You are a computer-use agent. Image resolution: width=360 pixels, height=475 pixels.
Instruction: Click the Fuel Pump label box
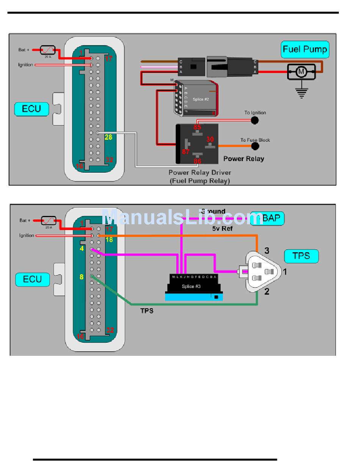pos(305,50)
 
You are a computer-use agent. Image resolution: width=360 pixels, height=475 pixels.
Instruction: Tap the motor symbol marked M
pos(301,71)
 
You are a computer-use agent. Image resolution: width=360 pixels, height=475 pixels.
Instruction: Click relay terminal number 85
pos(197,127)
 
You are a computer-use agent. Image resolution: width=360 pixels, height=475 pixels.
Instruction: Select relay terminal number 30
pos(210,140)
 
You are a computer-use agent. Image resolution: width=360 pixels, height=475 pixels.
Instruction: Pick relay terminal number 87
pos(186,152)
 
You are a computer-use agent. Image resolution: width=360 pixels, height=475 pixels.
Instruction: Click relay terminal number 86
pos(197,161)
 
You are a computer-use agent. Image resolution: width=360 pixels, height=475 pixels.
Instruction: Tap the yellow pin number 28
pos(108,137)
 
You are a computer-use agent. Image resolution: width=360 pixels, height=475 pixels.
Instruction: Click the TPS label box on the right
pos(301,256)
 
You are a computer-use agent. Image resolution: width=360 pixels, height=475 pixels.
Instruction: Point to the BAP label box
pos(268,219)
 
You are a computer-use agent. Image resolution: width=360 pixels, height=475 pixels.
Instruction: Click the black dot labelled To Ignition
pos(255,120)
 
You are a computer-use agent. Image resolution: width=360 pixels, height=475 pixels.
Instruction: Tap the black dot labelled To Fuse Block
pos(255,146)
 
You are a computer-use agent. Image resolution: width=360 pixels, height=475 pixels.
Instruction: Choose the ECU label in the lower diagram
pos(32,280)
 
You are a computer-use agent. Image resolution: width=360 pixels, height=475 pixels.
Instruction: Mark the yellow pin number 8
pos(81,277)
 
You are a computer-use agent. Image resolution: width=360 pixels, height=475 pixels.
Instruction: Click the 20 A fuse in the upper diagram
pos(48,50)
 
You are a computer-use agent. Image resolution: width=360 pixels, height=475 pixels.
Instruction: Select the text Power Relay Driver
pos(200,173)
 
